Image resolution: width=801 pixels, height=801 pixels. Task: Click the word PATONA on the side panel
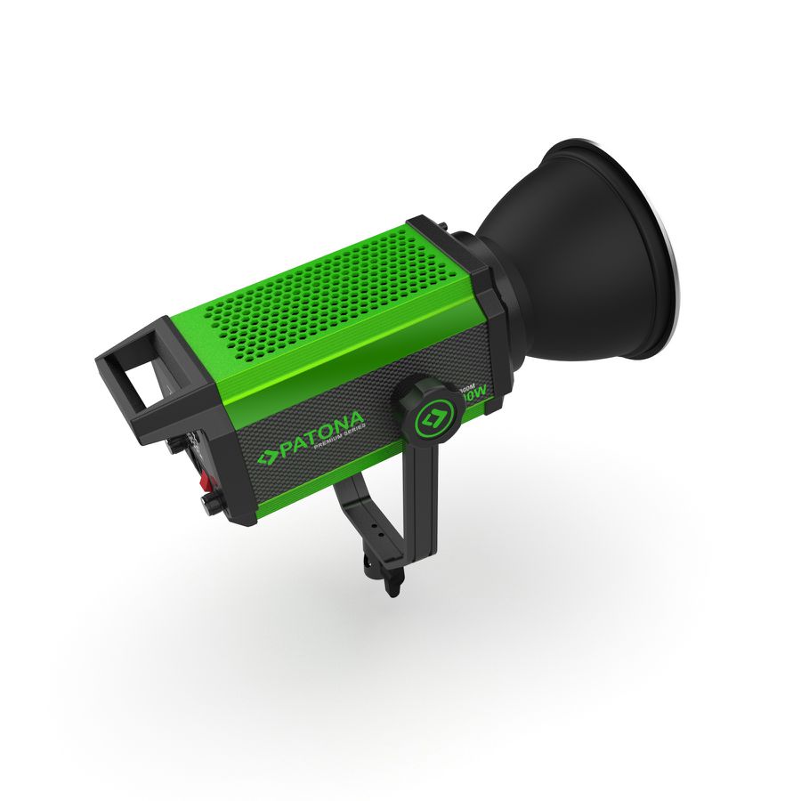tap(323, 434)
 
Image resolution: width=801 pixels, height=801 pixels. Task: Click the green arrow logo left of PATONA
tap(267, 457)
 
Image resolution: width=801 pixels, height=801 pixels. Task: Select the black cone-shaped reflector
tap(570, 258)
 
